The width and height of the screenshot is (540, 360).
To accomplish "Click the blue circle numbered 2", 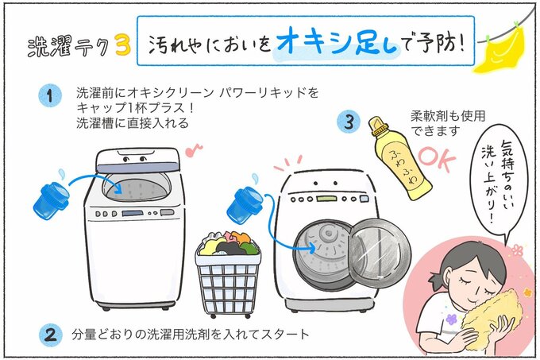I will [x=50, y=334].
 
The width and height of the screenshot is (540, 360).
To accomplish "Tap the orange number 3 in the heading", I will [x=121, y=46].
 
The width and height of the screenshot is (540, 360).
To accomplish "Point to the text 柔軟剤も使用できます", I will [x=447, y=121].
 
